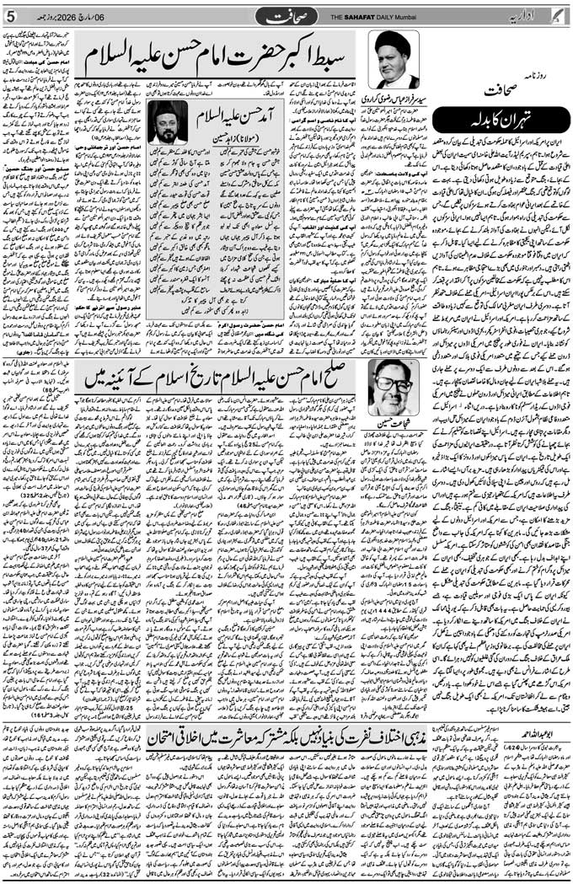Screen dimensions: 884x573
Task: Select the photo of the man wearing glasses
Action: click(x=393, y=387)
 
